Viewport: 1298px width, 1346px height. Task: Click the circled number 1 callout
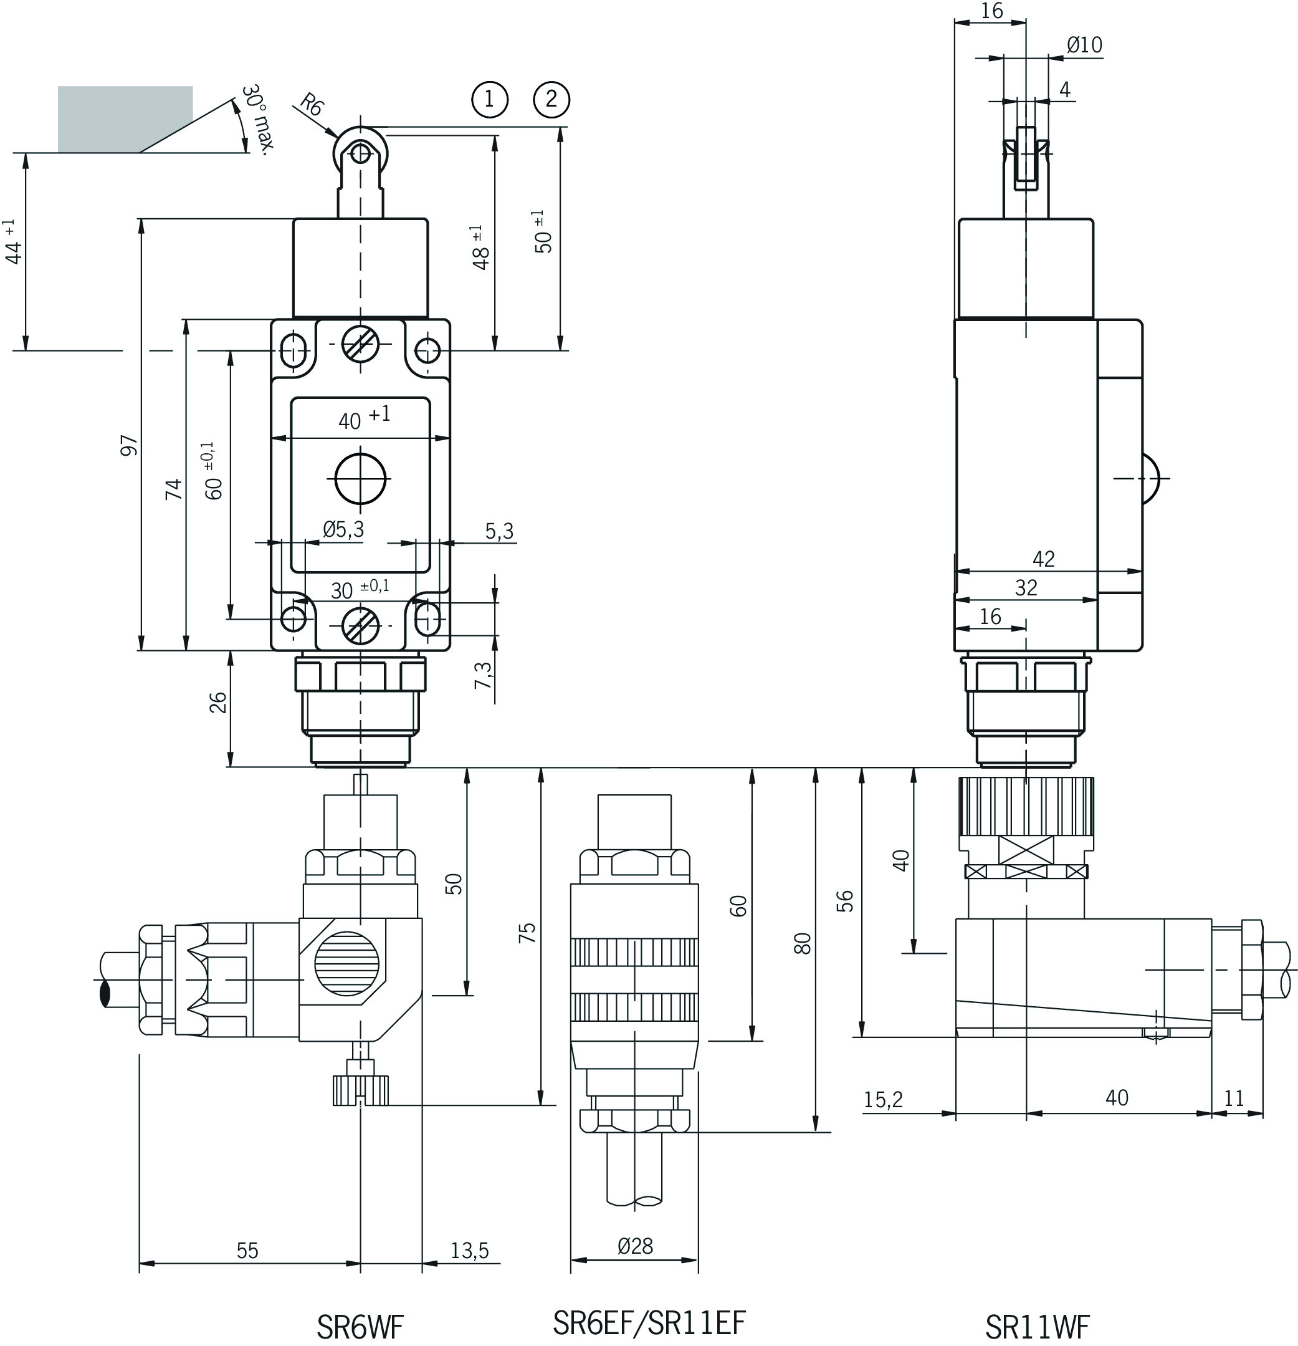pyautogui.click(x=489, y=100)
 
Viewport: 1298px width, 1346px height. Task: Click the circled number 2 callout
pyautogui.click(x=551, y=100)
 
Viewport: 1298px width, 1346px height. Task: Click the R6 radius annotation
pyautogui.click(x=312, y=107)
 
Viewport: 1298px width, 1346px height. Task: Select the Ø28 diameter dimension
pyautogui.click(x=635, y=1246)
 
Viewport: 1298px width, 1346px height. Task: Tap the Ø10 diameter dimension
pyautogui.click(x=1084, y=46)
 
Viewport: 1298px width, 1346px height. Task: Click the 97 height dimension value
pyautogui.click(x=129, y=445)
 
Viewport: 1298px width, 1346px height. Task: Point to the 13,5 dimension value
pyautogui.click(x=469, y=1251)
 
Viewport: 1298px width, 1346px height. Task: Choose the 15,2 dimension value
pyautogui.click(x=883, y=1100)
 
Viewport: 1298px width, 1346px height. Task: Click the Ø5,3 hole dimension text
pyautogui.click(x=343, y=529)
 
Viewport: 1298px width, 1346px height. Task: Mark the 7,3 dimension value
pyautogui.click(x=485, y=675)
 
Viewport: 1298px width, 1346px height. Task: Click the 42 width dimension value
pyautogui.click(x=1043, y=559)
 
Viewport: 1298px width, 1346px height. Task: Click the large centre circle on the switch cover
pyautogui.click(x=361, y=478)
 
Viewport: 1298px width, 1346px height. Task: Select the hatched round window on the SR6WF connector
pyautogui.click(x=346, y=963)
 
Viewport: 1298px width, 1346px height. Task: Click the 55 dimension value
pyautogui.click(x=247, y=1251)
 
